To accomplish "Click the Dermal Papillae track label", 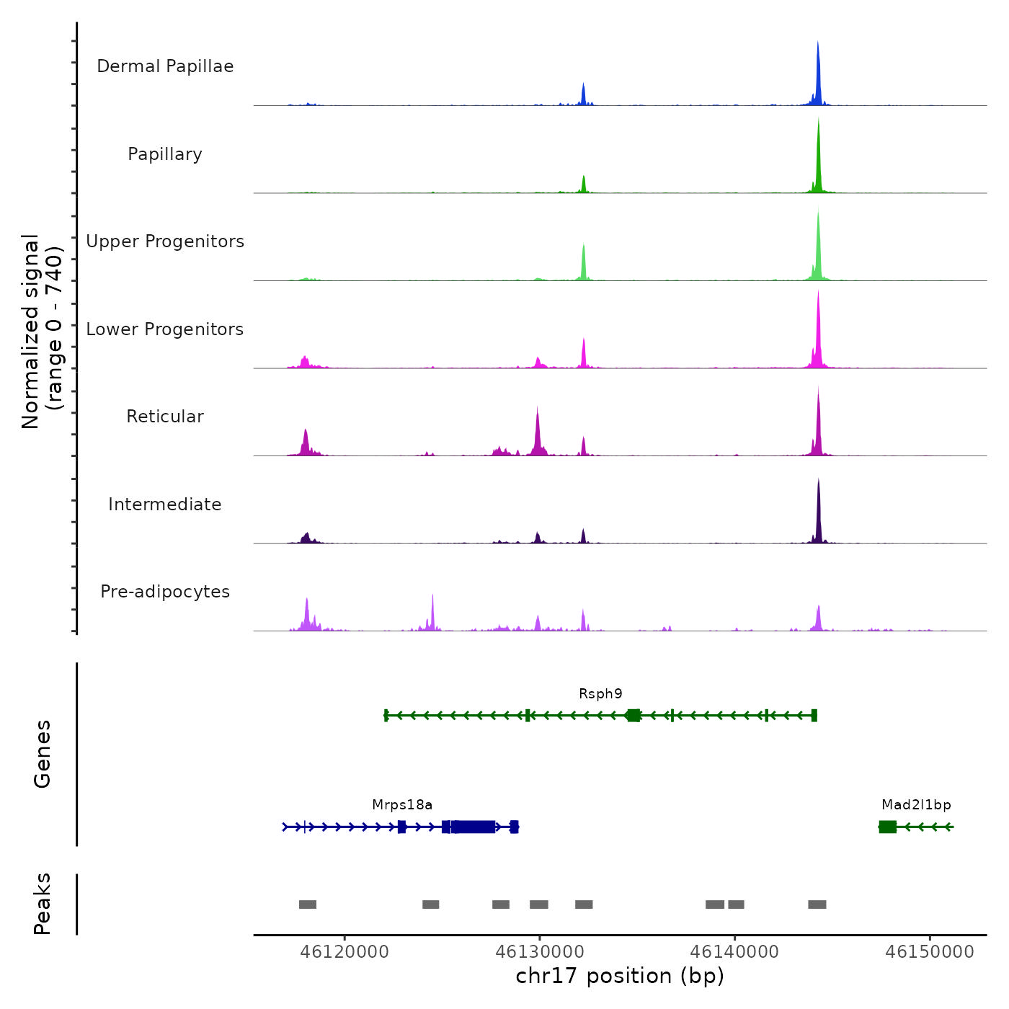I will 165,66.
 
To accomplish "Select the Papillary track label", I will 165,154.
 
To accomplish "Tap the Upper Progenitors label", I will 165,241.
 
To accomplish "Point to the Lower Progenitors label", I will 165,329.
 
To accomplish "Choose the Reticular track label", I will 165,417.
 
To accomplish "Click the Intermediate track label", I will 165,504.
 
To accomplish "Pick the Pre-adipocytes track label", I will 165,592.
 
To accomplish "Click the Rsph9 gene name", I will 600,694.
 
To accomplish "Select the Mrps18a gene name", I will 402,805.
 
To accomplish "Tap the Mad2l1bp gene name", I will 916,805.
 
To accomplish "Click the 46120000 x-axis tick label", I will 345,952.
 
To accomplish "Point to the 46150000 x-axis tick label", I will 930,952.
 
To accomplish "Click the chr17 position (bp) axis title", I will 620,976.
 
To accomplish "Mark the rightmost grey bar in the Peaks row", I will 817,904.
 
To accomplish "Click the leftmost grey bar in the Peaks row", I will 308,904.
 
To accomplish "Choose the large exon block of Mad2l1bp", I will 888,827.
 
